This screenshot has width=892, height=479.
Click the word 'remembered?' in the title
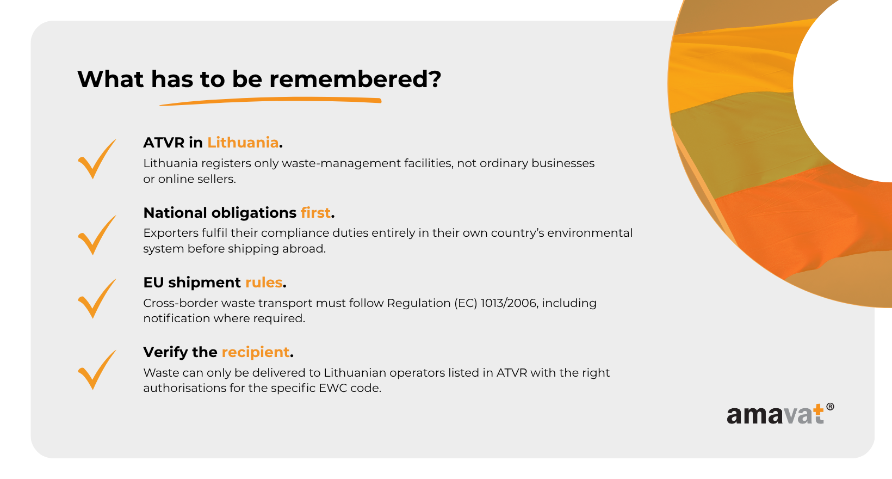(355, 79)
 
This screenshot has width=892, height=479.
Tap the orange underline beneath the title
(271, 101)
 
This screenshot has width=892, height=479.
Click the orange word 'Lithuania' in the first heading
(243, 142)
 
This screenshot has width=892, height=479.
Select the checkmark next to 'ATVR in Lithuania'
(97, 159)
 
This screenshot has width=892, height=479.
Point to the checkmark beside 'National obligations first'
(97, 235)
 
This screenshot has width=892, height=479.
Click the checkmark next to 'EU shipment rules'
(97, 298)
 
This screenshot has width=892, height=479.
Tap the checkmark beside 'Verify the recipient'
(97, 370)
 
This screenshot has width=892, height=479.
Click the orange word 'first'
(315, 213)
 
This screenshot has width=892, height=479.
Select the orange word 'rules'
(264, 282)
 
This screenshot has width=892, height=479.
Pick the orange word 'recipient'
(255, 352)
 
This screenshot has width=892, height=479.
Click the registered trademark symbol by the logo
(831, 407)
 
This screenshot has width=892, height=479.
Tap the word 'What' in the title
(110, 79)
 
